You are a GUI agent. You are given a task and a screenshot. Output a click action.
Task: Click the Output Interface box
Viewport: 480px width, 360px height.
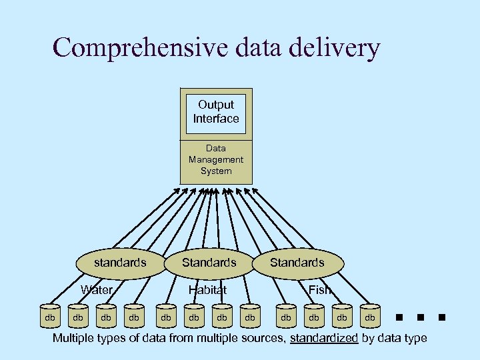(216, 113)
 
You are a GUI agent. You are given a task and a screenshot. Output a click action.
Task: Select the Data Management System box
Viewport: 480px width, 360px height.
(216, 161)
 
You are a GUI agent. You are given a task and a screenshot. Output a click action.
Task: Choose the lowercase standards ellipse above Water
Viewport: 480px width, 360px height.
(120, 263)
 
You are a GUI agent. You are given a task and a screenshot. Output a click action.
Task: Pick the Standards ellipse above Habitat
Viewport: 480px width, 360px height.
(209, 263)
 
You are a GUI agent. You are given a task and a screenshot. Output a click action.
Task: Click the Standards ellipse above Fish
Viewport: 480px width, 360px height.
(297, 263)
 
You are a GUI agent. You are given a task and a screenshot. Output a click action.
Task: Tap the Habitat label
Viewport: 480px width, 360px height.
(207, 290)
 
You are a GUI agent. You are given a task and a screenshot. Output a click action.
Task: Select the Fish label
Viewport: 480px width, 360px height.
(319, 290)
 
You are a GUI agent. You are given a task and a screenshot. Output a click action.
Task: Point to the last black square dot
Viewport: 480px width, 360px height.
(442, 317)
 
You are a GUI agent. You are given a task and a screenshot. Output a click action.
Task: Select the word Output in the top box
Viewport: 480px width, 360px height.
(216, 105)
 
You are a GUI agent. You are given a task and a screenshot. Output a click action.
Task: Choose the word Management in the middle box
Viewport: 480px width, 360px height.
(216, 160)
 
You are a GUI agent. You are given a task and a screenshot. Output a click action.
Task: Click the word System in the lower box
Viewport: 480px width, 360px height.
(216, 171)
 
